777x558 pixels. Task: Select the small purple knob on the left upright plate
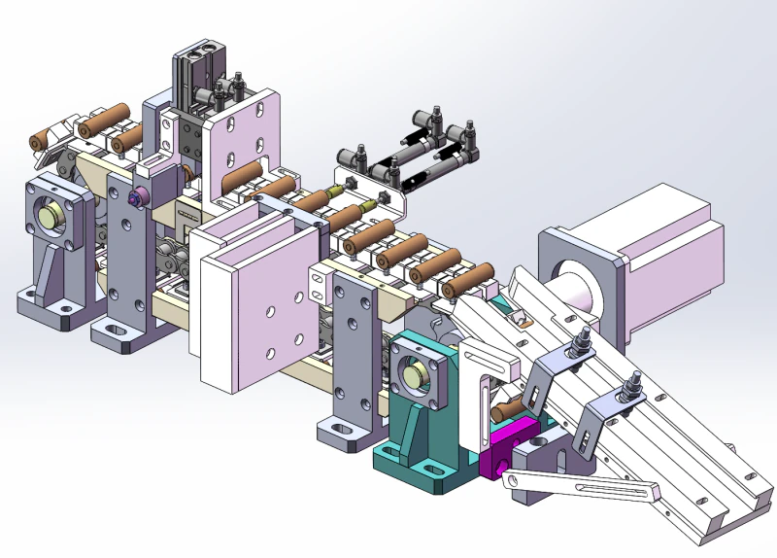pyautogui.click(x=137, y=198)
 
